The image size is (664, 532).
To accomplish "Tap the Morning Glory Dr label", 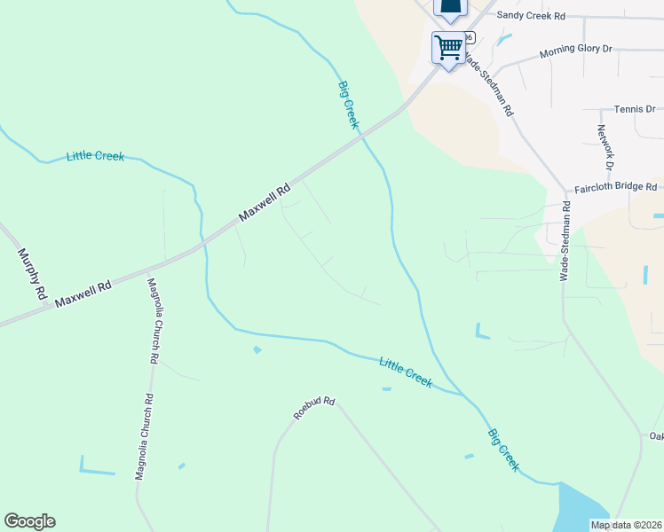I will (576, 53).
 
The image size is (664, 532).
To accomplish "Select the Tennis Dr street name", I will (634, 110).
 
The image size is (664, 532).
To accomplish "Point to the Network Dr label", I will (605, 147).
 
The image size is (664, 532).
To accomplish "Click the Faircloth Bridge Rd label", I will (615, 187).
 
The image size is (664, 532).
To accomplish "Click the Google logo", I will (29, 521).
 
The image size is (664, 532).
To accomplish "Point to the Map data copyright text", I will (626, 525).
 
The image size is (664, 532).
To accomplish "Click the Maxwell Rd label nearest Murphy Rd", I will (83, 295).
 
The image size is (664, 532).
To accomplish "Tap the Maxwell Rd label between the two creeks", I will (265, 203).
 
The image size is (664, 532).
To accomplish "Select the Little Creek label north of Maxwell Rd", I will (95, 157).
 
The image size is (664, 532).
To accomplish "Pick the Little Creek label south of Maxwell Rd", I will (406, 372).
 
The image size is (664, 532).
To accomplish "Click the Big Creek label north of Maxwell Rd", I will (348, 105).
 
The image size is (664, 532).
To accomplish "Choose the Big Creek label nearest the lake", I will (502, 450).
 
